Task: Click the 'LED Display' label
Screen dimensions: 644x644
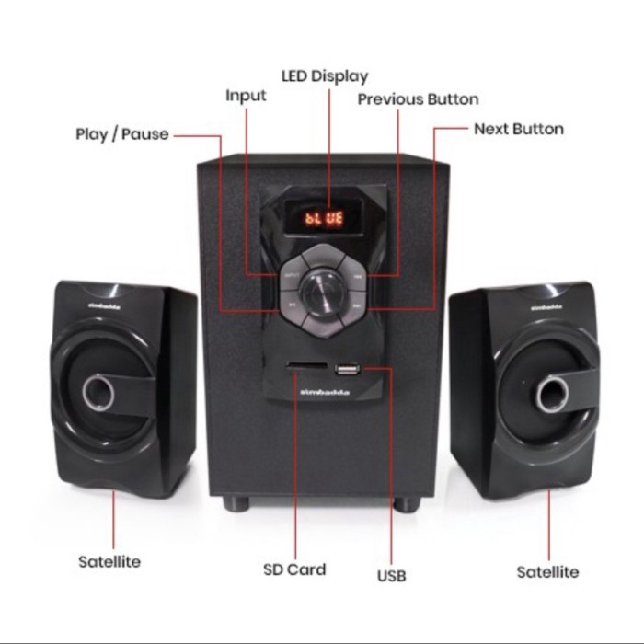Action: [x=324, y=76]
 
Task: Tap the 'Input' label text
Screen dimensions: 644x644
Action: [x=246, y=96]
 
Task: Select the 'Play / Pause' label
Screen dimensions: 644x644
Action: [x=122, y=134]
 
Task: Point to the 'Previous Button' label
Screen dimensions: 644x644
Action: [x=418, y=99]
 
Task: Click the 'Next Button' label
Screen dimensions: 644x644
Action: [x=519, y=130]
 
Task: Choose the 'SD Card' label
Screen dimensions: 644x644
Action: [x=294, y=569]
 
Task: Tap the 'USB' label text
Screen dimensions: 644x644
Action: [x=391, y=577]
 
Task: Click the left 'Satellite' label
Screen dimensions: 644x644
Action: [x=109, y=560]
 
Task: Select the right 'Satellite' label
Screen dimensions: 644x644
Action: [x=547, y=572]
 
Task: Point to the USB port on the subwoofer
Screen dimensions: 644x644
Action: [x=347, y=371]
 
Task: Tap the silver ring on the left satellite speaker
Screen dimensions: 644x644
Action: [x=98, y=394]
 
